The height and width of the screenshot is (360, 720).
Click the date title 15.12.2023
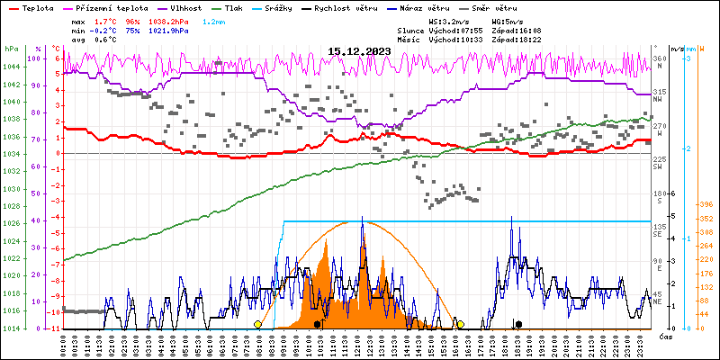pyautogui.click(x=360, y=51)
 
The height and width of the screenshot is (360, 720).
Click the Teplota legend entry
pyautogui.click(x=37, y=6)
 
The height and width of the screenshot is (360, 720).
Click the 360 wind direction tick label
pyautogui.click(x=660, y=59)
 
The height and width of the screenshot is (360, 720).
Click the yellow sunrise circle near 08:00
pyautogui.click(x=258, y=324)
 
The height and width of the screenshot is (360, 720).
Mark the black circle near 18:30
pyautogui.click(x=518, y=324)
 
